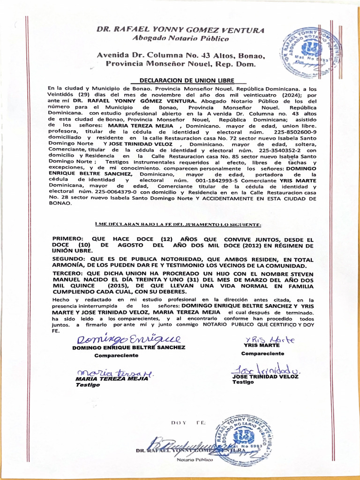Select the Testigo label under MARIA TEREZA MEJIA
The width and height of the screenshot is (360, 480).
(88, 384)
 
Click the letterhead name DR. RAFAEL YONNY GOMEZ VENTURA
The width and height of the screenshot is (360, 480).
(180, 29)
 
